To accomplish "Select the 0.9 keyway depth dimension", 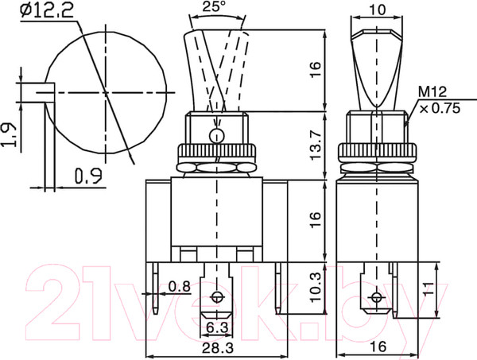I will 90,176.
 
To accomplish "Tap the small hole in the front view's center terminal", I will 216,299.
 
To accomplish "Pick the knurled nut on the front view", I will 215,153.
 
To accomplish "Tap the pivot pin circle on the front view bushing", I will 215,135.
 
